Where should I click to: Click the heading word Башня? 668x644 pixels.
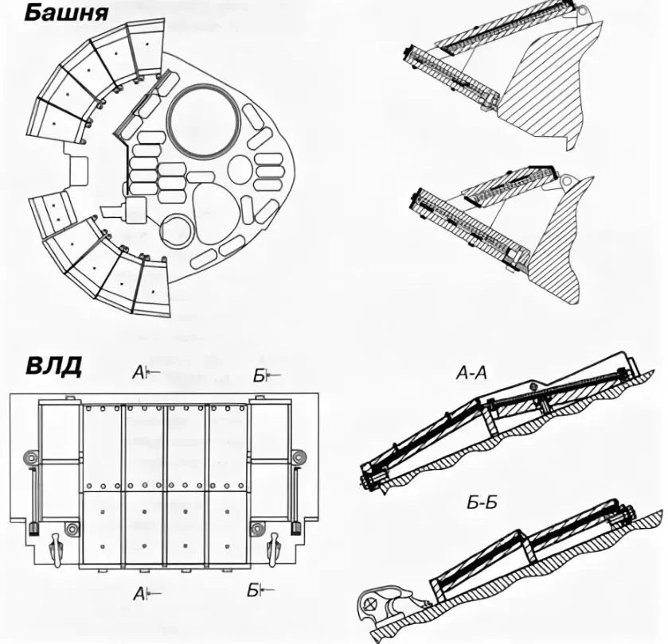[x=66, y=13]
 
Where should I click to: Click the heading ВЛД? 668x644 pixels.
[x=53, y=366]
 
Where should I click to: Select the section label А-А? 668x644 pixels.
[x=471, y=373]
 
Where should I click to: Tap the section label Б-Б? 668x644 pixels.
[x=482, y=502]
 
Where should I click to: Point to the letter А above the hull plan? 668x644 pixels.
[x=138, y=373]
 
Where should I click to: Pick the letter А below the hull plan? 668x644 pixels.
[x=139, y=594]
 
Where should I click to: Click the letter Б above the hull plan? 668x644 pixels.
[x=259, y=376]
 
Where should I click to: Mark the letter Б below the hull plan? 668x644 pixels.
[x=253, y=591]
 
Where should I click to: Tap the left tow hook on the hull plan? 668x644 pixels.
[x=56, y=549]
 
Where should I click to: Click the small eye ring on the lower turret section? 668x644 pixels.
[x=566, y=183]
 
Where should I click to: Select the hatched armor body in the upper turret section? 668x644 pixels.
[x=549, y=85]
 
